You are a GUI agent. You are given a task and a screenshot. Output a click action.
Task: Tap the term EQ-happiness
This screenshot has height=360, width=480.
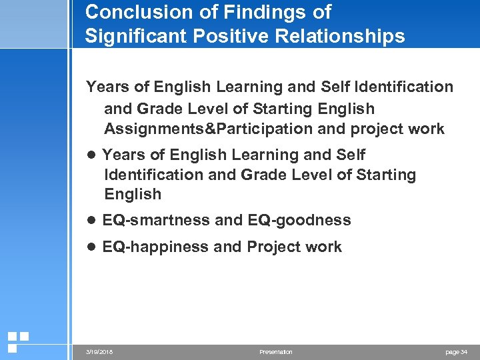tap(155, 247)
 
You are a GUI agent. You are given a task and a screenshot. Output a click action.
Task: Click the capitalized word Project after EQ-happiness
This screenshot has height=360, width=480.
tap(273, 247)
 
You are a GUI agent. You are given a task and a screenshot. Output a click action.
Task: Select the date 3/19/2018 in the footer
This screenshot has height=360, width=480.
tap(99, 352)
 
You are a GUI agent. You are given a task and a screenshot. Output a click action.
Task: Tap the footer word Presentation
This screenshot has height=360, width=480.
tap(275, 352)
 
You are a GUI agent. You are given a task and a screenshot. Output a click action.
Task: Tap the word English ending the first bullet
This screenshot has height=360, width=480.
tap(133, 195)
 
